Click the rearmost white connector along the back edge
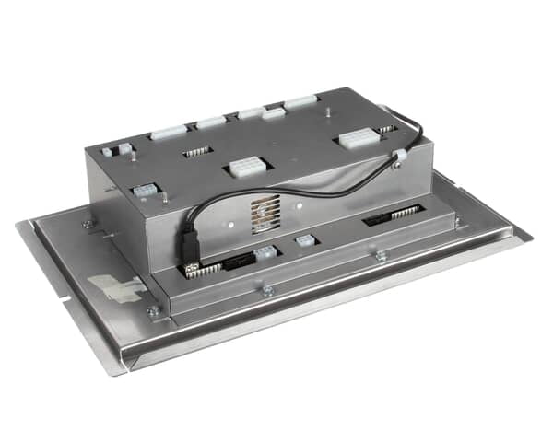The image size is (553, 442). coord(300,102)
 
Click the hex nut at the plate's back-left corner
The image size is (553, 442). coord(88,224)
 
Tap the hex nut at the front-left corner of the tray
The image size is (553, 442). coord(152,311)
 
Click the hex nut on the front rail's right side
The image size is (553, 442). coord(380,257)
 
